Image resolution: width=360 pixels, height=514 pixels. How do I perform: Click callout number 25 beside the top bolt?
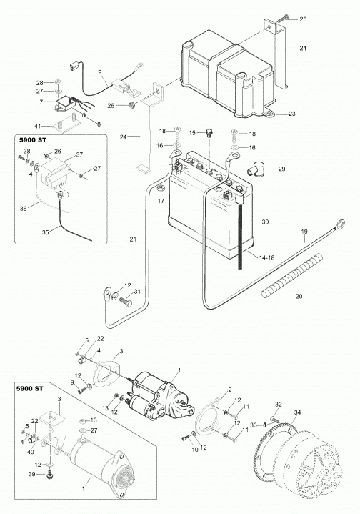point(303,19)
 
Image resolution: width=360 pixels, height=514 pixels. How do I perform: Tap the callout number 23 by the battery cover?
point(292,114)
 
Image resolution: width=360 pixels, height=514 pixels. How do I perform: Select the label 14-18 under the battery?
point(266,257)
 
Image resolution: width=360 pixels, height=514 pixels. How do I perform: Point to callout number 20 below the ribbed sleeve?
point(299,296)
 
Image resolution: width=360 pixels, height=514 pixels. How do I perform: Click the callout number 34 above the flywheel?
point(297,412)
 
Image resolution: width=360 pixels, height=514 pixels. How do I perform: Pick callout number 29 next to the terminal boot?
point(281,169)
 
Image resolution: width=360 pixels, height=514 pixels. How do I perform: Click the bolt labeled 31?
point(126,301)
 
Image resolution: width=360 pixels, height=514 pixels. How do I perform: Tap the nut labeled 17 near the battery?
point(161,188)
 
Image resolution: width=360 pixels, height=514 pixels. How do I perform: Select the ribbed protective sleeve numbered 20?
point(292,275)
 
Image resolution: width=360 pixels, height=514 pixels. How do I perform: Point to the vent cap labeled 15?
point(209,133)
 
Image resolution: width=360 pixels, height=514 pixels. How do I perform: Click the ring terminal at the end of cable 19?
point(340,224)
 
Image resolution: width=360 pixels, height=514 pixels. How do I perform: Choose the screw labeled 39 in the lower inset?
point(50,474)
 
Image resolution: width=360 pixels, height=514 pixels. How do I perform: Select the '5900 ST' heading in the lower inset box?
point(30,389)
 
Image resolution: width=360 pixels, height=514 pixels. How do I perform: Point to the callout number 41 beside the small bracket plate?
point(39,126)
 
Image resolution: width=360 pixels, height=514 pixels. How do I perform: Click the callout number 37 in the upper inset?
point(79,154)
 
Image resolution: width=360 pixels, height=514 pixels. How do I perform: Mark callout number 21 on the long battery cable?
point(133,239)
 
